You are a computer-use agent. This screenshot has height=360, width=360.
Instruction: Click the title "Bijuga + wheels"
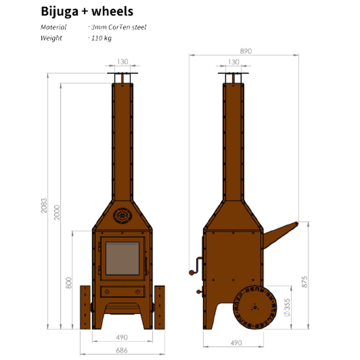pos(87,11)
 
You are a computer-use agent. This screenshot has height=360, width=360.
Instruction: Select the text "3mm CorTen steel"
pos(119,27)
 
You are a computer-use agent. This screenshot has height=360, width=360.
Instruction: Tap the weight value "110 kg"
pos(101,38)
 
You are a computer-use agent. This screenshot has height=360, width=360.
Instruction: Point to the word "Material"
pos(53,27)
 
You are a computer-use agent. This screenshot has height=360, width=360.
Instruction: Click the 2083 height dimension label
pos(44,205)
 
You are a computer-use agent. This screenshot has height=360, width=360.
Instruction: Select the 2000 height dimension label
pos(57,212)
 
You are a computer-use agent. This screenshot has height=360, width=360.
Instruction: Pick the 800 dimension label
pos(69,283)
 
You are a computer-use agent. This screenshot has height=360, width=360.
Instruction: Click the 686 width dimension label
pos(121,350)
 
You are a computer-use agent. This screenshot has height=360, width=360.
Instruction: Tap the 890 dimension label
pos(246,51)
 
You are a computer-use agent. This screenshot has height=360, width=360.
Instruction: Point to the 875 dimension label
pos(304,282)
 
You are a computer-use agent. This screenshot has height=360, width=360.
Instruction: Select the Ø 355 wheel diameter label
pos(287,307)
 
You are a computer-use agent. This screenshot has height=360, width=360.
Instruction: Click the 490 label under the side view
pos(236,343)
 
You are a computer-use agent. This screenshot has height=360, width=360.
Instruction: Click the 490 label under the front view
pos(122,337)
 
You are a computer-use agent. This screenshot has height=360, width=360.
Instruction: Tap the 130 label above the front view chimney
pos(122,61)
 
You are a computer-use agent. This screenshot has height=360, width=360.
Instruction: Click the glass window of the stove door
pos(122,258)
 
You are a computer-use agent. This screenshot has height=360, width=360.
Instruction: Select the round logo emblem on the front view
pos(122,215)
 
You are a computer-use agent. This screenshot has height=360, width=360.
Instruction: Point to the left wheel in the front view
pos(85,307)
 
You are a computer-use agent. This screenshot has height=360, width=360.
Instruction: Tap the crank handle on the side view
pos(196,265)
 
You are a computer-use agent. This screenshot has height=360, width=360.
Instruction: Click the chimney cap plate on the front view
pos(122,73)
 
